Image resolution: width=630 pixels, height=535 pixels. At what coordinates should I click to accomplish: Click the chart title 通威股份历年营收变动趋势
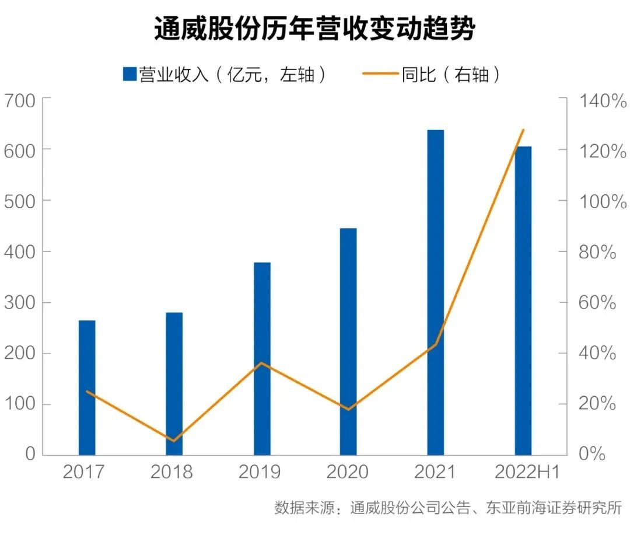pos(314,29)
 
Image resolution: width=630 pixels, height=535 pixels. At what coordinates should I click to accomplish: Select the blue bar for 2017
pos(87,387)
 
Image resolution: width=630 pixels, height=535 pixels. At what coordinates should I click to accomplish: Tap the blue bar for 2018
pos(174,383)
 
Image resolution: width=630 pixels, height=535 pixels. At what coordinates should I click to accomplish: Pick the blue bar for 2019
pos(262,358)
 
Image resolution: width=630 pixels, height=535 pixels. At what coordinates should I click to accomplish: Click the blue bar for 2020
pos(348,341)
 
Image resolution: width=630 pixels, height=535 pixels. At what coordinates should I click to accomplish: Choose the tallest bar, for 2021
pos(435,292)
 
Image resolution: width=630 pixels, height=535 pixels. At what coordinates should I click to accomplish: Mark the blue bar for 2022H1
pos(523,300)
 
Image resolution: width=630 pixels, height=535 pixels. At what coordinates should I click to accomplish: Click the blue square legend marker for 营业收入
pos(129,74)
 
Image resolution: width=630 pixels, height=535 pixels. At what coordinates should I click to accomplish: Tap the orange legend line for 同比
pos(380,74)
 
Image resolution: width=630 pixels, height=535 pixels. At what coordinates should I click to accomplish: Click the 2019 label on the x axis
pos(260,472)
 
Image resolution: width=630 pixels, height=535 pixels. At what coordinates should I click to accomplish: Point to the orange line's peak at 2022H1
pos(523,130)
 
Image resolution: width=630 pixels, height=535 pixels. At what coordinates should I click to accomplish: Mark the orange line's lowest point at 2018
pos(173,440)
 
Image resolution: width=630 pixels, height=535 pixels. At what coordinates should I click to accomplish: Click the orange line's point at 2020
pos(349,409)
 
